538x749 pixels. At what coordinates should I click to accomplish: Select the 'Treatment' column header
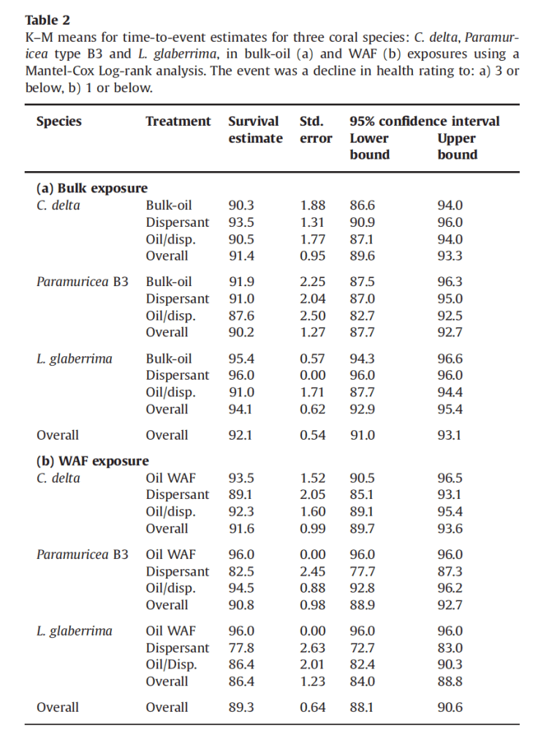(178, 121)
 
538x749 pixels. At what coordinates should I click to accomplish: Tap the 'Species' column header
(59, 121)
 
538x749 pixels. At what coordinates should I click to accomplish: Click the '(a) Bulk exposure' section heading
(92, 189)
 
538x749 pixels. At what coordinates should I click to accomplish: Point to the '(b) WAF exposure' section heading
(93, 461)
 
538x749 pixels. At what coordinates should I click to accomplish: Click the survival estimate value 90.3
(241, 206)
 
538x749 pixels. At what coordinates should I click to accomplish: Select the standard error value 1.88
(312, 206)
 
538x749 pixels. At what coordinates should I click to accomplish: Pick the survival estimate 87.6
(241, 315)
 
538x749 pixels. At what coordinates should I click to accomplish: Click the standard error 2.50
(312, 315)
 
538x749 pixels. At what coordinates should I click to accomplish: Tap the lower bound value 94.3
(363, 358)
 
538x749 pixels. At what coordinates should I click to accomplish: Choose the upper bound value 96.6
(450, 358)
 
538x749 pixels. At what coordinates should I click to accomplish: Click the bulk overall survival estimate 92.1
(241, 435)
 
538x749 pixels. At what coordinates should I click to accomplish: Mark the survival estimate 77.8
(241, 648)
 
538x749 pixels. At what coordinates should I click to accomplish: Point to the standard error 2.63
(312, 648)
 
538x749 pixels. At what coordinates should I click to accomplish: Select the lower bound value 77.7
(363, 571)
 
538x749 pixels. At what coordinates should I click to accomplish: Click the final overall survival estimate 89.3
(241, 707)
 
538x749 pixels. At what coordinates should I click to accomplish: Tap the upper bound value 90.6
(450, 707)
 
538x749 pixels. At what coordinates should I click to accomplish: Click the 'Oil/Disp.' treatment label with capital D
(171, 665)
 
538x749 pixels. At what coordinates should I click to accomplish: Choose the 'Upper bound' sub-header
(457, 146)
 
